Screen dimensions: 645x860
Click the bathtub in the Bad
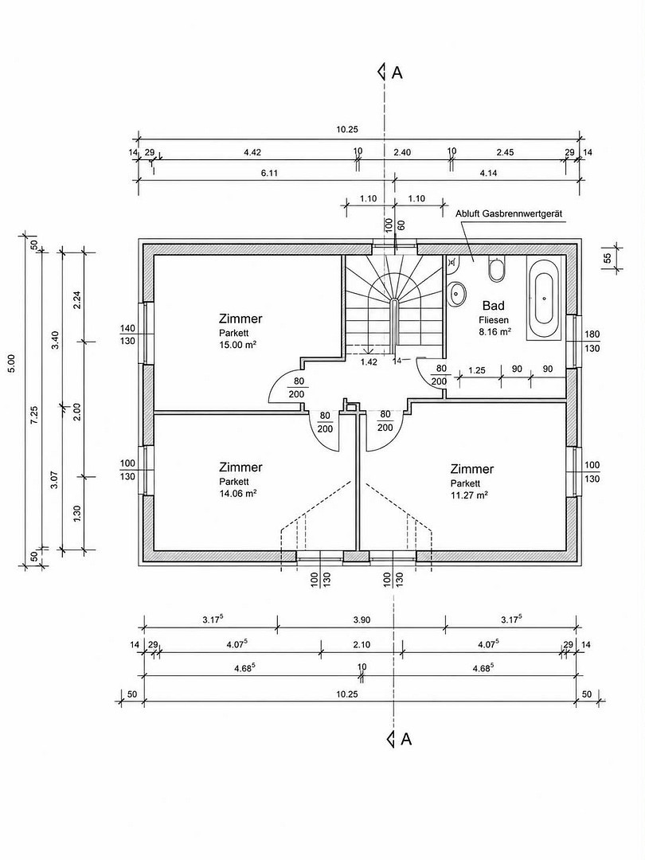(x=544, y=298)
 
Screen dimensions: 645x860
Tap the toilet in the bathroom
(x=496, y=268)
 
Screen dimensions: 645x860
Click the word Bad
(x=493, y=306)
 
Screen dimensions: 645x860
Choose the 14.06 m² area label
(x=238, y=493)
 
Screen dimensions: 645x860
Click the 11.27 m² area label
(x=470, y=494)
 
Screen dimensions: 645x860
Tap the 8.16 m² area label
(x=494, y=331)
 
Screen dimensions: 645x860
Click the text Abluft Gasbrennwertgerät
(x=509, y=213)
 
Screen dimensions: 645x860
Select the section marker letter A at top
(x=397, y=72)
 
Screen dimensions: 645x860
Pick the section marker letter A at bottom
(x=406, y=739)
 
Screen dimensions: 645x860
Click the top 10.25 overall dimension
(x=347, y=130)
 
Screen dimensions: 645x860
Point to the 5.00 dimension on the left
(x=11, y=364)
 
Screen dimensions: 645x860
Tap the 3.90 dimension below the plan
(x=362, y=620)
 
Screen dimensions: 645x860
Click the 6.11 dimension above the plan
(x=269, y=173)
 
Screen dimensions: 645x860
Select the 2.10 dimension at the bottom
(x=362, y=644)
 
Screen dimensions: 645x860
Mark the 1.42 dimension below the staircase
(x=369, y=362)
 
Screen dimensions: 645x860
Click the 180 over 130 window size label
(x=592, y=341)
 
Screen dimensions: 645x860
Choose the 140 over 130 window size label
(x=127, y=334)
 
